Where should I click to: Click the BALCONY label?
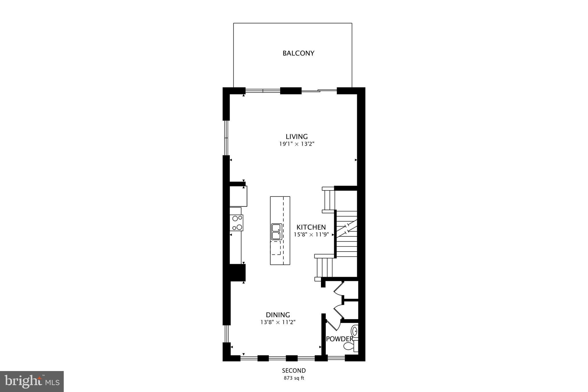click(x=298, y=53)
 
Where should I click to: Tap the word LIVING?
click(x=297, y=136)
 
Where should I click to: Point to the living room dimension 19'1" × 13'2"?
click(x=297, y=144)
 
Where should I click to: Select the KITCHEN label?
click(x=311, y=227)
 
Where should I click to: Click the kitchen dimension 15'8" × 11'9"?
click(x=311, y=234)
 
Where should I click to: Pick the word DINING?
click(x=278, y=315)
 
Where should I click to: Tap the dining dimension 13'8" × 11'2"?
click(x=278, y=322)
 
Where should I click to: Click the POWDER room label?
click(x=340, y=339)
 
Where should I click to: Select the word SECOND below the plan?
click(x=294, y=370)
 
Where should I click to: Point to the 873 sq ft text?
click(x=294, y=378)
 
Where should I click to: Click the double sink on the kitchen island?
click(x=276, y=232)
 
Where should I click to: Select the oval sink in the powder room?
click(x=355, y=331)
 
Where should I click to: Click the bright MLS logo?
click(x=32, y=381)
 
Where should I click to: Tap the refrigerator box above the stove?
click(x=238, y=196)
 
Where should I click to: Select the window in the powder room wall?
click(x=336, y=358)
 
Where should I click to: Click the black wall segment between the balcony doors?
click(x=291, y=91)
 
